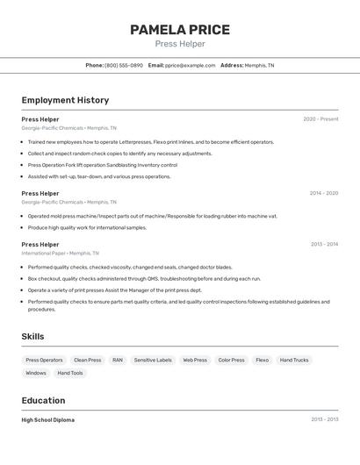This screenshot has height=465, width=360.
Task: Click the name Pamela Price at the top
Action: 180,30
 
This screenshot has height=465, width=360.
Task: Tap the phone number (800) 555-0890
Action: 124,65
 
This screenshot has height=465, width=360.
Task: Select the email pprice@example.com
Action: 191,65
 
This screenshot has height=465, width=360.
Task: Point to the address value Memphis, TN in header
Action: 259,65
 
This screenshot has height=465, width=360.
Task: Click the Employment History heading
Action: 65,100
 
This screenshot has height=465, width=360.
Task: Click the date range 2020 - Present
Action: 320,119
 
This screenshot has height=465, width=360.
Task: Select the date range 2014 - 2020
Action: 323,193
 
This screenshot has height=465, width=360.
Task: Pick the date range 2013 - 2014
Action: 324,245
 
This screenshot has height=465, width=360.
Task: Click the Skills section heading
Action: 33,337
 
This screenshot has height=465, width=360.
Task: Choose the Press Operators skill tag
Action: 44,360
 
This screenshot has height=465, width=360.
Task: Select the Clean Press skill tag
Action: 87,360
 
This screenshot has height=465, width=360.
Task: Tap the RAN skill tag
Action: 118,360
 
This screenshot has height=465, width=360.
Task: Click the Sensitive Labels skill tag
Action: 153,360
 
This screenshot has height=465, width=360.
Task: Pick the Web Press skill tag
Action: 195,360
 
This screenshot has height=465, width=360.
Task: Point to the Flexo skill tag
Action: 262,360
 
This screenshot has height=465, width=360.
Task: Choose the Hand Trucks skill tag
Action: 294,360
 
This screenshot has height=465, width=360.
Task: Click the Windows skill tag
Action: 36,373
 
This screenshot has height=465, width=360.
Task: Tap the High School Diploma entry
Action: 48,420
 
